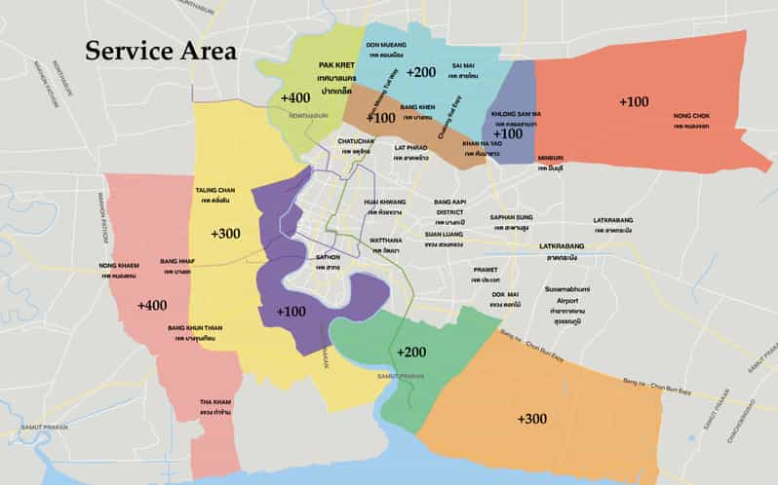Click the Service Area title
(x=160, y=51)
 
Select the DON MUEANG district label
(x=385, y=45)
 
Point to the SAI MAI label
(x=462, y=65)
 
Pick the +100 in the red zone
(x=633, y=101)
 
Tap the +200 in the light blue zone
(x=421, y=72)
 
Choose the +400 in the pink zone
(x=151, y=305)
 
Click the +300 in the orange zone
(x=531, y=418)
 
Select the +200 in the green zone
(x=411, y=352)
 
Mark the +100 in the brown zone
(x=380, y=117)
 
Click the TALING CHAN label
(x=214, y=191)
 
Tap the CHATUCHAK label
(x=356, y=141)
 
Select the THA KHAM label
(x=214, y=402)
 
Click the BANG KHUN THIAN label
(x=195, y=328)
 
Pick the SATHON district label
(x=328, y=257)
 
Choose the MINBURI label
(x=550, y=157)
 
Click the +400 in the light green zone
(x=294, y=98)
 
